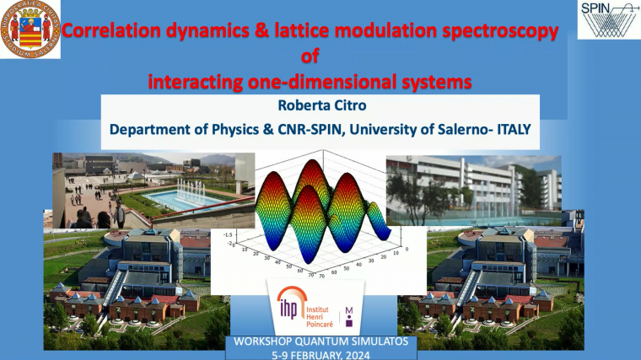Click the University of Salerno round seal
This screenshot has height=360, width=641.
point(30,30)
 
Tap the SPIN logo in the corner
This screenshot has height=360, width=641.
point(608,19)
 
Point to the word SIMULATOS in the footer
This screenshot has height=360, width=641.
point(370,341)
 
